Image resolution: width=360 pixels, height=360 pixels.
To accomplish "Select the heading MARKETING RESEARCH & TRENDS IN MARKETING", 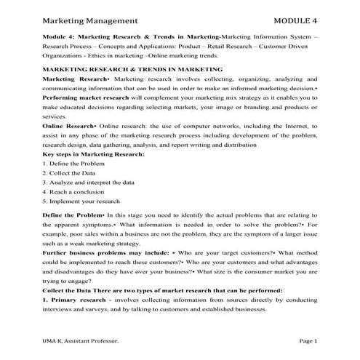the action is (x=133, y=68).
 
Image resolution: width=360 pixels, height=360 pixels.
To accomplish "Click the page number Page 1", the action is (x=308, y=341).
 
